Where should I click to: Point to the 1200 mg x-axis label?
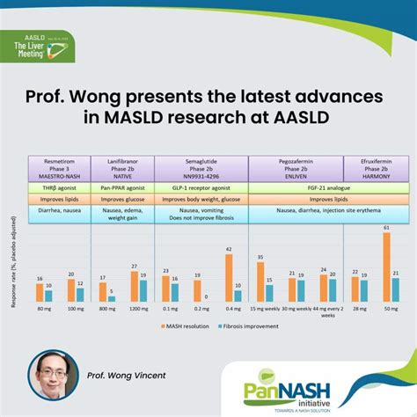click(x=138, y=310)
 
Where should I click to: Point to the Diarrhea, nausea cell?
click(x=58, y=214)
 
